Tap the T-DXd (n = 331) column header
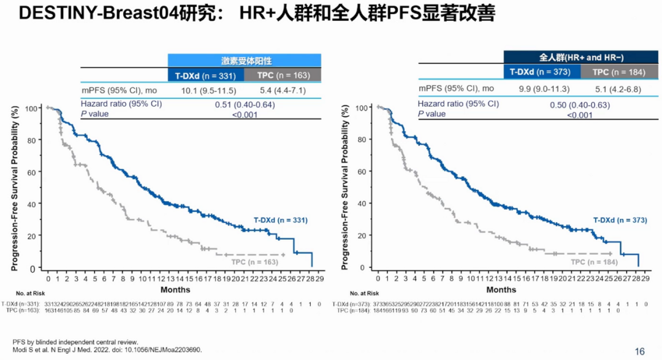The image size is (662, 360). pyautogui.click(x=205, y=75)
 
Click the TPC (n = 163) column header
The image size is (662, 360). pyautogui.click(x=283, y=75)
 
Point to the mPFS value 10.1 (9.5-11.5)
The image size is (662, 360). pyautogui.click(x=205, y=90)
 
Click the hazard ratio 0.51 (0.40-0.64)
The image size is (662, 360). pyautogui.click(x=245, y=104)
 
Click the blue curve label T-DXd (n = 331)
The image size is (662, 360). pyautogui.click(x=281, y=220)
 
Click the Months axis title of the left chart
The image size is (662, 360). pyautogui.click(x=175, y=289)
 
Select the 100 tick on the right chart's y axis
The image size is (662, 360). pyautogui.click(x=361, y=108)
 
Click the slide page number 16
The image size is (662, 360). pyautogui.click(x=640, y=351)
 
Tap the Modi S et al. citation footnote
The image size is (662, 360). pyautogui.click(x=107, y=350)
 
